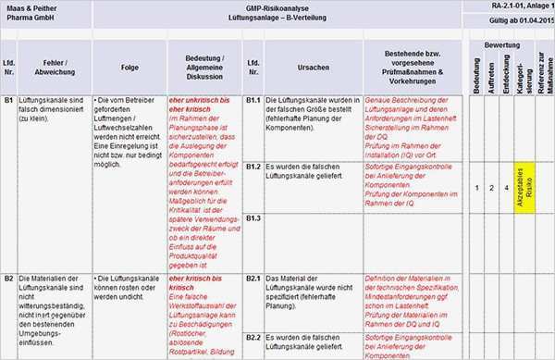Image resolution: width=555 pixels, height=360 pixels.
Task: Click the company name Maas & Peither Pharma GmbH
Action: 34,12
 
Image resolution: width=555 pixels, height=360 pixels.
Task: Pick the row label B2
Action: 8,278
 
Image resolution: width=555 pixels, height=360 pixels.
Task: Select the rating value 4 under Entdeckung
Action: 506,188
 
